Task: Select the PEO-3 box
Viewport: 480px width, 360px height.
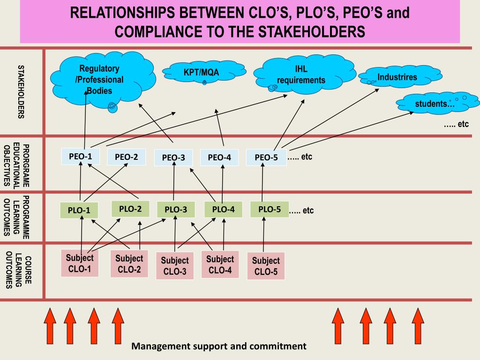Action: pyautogui.click(x=173, y=157)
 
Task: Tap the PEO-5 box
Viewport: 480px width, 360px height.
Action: pyautogui.click(x=266, y=157)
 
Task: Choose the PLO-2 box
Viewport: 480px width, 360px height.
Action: pyautogui.click(x=130, y=209)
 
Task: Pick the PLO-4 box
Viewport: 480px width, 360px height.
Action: pyautogui.click(x=223, y=209)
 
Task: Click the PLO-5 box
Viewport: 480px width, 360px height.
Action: pyautogui.click(x=270, y=209)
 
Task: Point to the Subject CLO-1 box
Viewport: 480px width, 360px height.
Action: pyautogui.click(x=80, y=263)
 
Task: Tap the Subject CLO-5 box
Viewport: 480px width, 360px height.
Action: pyautogui.click(x=266, y=266)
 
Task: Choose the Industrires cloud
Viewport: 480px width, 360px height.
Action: pyautogui.click(x=397, y=77)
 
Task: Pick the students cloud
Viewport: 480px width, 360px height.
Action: pyautogui.click(x=436, y=103)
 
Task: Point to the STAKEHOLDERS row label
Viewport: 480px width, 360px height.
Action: pyautogui.click(x=21, y=91)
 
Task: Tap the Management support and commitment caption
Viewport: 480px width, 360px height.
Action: pyautogui.click(x=219, y=346)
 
